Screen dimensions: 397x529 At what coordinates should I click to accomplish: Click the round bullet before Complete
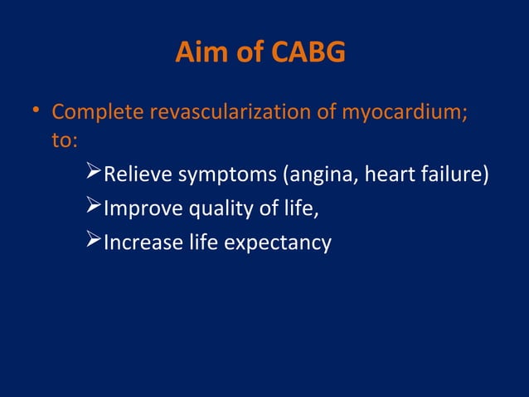coord(37,110)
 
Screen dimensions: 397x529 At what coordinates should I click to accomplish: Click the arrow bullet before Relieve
coord(94,174)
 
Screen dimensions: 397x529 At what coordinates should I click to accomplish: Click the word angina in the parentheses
coord(318,175)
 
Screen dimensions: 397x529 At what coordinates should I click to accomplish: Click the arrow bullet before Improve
coord(94,208)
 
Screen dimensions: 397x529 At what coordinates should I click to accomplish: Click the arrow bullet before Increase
coord(94,242)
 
